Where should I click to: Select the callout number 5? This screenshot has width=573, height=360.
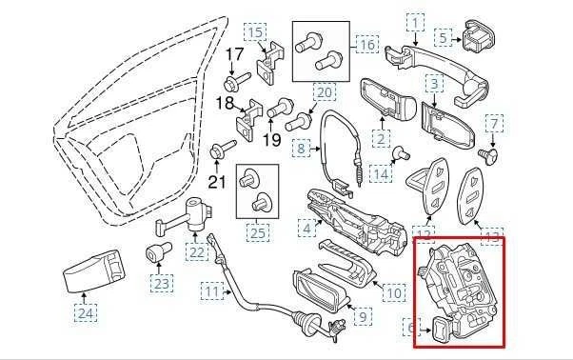tap(442, 38)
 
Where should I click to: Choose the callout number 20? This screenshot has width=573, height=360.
tap(325, 92)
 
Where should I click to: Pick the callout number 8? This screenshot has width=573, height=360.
tap(302, 149)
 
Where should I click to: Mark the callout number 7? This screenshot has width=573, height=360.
tap(493, 123)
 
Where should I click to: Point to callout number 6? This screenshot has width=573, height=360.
tap(412, 329)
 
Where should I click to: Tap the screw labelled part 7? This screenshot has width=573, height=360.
tap(493, 151)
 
